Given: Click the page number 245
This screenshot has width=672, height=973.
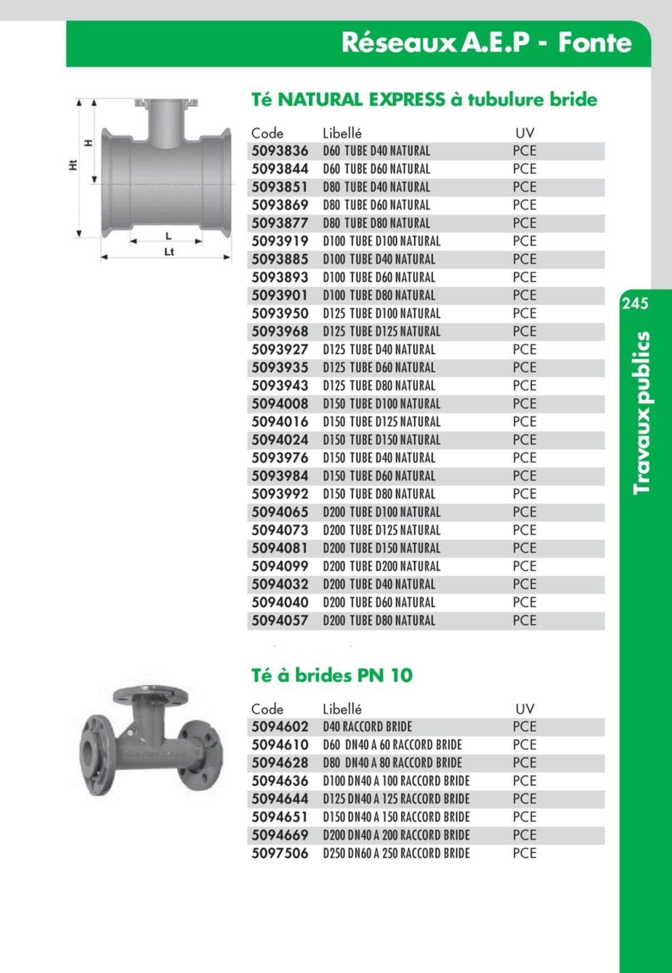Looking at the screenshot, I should [x=634, y=303].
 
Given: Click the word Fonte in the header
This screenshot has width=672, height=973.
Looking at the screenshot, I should [x=594, y=43].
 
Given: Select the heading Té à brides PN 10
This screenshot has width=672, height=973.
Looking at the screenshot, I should [x=332, y=675].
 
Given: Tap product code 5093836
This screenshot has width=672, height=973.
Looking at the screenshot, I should [x=279, y=151].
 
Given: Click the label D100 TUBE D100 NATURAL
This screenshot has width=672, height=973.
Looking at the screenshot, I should [x=381, y=241].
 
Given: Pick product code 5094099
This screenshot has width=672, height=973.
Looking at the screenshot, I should [x=279, y=566].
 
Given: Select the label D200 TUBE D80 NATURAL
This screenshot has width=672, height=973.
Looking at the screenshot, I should [x=379, y=621].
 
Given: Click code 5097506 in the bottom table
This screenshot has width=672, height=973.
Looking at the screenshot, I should [x=279, y=853].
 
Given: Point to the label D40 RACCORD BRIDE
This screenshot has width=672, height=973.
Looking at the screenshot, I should [x=367, y=727].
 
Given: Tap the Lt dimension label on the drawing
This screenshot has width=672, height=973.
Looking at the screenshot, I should [x=169, y=252].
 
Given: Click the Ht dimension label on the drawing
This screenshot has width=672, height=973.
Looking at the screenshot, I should [x=72, y=165].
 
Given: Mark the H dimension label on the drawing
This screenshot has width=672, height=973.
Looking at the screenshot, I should [x=88, y=143].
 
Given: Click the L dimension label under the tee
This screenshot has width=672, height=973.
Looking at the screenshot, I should [x=168, y=236].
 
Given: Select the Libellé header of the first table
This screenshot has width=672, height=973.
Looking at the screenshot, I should [x=342, y=133].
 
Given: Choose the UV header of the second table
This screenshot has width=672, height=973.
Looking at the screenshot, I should [x=524, y=709].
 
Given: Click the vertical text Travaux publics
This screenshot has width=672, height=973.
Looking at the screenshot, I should [x=642, y=413].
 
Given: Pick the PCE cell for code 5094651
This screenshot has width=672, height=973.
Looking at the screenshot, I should [x=524, y=817].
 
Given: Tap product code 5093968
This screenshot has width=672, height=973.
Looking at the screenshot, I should [x=279, y=331].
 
